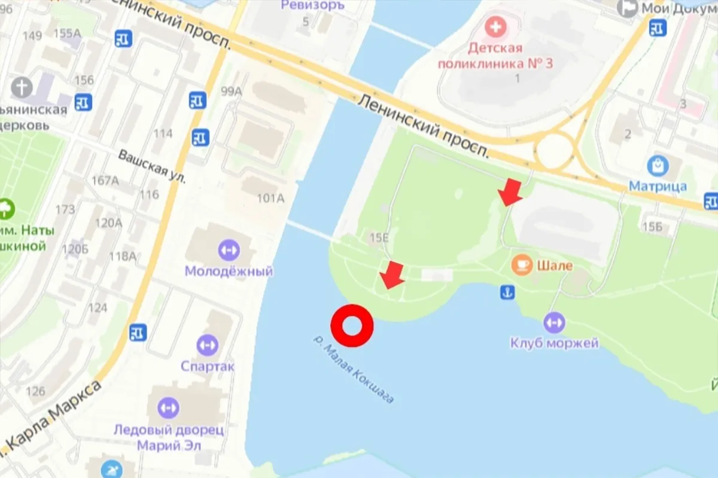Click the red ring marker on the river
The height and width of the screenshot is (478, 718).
tap(352, 325)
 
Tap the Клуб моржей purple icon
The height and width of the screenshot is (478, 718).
tap(554, 323)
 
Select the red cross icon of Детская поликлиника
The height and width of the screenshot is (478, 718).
tap(495, 27)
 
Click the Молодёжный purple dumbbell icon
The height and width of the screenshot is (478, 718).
tap(229, 249)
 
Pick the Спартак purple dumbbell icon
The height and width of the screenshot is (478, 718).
tap(208, 345)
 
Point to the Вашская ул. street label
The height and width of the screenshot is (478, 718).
tap(152, 166)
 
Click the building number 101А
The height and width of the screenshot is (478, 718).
tap(270, 198)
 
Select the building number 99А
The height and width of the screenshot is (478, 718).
tap(231, 91)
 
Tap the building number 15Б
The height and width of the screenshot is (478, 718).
tap(652, 226)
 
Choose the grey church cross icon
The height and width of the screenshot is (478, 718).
tap(22, 88)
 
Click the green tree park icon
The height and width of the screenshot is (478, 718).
tap(6, 209)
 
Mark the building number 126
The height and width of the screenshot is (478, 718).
tap(35, 391)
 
